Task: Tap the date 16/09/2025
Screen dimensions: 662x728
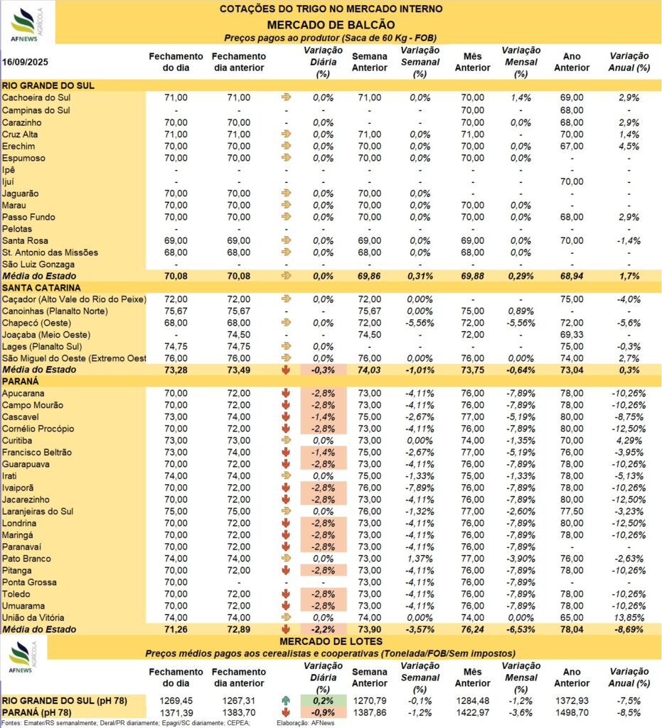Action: point(25,63)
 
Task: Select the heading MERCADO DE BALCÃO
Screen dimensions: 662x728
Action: point(331,25)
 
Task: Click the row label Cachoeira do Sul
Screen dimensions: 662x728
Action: point(36,97)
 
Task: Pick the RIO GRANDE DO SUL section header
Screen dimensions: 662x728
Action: point(48,85)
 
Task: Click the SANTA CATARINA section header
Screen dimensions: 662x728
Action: point(41,287)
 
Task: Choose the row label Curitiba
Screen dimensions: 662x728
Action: point(17,440)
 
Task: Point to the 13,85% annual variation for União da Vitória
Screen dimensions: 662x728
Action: point(629,618)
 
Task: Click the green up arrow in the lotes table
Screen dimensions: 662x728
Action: point(286,700)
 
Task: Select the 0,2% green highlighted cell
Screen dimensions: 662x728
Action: point(323,700)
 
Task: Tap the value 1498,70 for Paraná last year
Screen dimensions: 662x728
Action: point(572,712)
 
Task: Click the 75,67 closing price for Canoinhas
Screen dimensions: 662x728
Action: point(176,311)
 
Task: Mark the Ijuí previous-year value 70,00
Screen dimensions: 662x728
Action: point(572,181)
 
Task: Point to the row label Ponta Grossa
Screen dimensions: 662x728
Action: point(29,582)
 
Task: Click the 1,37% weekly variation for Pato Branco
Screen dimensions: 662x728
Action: point(420,559)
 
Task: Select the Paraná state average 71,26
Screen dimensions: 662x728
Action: point(176,630)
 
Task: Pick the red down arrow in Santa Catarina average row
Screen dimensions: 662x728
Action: point(286,370)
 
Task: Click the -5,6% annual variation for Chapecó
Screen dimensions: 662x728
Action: point(629,323)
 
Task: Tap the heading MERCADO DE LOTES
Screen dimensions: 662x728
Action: point(331,642)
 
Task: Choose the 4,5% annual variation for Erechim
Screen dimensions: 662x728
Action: point(629,146)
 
